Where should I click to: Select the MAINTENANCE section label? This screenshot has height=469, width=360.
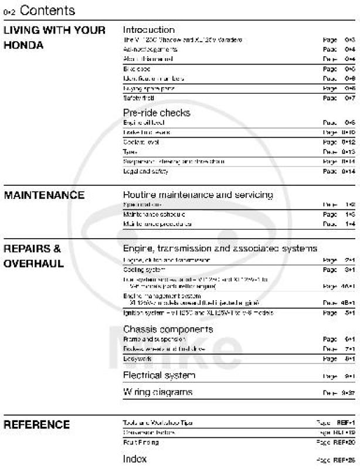click(44, 195)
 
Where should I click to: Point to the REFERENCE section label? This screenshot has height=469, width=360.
click(36, 424)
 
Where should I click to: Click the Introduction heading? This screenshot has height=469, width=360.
click(148, 30)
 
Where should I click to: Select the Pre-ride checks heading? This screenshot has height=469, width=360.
click(157, 113)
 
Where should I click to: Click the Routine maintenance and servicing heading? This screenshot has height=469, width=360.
click(198, 195)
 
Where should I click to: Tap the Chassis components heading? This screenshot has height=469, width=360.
click(168, 329)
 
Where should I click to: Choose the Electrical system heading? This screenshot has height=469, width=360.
click(159, 375)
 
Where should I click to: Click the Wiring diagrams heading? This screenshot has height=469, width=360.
click(157, 392)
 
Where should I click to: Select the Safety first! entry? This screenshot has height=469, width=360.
click(134, 98)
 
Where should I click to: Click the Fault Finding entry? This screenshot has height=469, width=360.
click(138, 443)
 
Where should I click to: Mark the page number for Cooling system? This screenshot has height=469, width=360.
click(350, 270)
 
